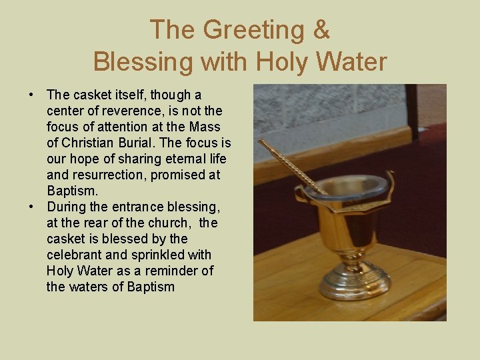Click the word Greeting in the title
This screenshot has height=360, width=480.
click(247, 30)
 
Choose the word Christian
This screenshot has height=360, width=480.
click(89, 143)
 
